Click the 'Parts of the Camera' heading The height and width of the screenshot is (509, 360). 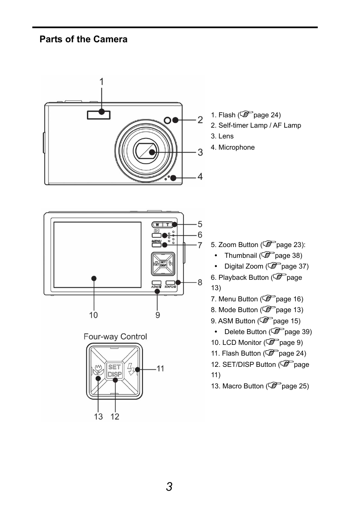click(83, 39)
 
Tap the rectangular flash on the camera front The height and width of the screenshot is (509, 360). click(99, 115)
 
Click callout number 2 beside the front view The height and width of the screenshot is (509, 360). click(200, 120)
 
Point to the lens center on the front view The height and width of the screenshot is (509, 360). click(147, 151)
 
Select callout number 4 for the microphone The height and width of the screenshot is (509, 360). click(200, 176)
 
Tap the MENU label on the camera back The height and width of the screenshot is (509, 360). click(157, 241)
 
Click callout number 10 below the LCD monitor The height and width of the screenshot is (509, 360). click(93, 315)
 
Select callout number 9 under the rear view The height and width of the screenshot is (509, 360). click(157, 315)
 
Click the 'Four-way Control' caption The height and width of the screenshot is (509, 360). click(115, 337)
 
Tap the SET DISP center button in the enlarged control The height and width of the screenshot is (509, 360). click(115, 371)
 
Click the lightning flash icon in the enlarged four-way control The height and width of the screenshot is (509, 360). click(131, 369)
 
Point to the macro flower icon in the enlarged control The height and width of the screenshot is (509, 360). click(99, 371)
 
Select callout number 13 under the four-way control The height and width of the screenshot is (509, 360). click(98, 417)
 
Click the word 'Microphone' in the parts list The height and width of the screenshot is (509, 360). click(237, 147)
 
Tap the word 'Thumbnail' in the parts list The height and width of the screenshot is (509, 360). click(241, 255)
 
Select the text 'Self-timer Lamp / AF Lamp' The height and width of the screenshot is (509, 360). click(260, 125)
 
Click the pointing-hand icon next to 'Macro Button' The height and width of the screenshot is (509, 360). click(274, 385)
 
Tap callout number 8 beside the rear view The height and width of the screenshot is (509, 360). click(200, 282)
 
